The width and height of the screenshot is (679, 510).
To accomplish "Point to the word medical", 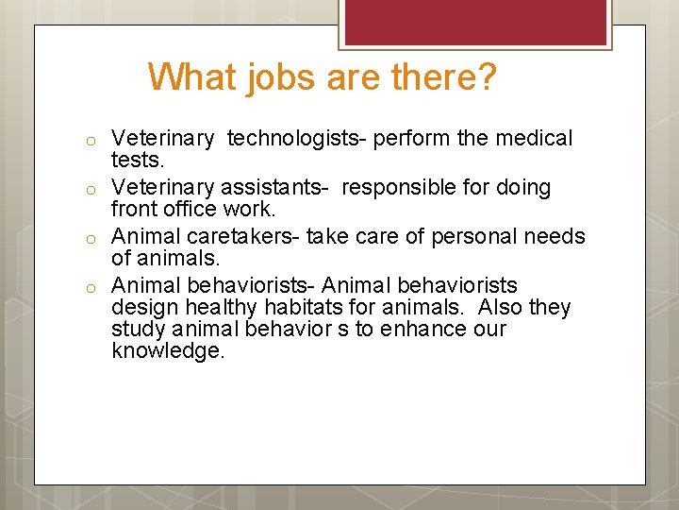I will tap(533, 139).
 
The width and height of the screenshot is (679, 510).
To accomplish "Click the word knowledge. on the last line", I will tap(168, 352).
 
